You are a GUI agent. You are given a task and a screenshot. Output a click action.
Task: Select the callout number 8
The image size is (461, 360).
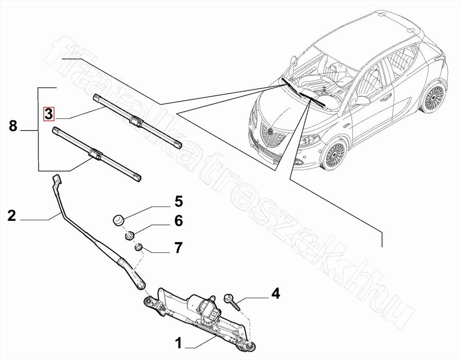[x=13, y=126]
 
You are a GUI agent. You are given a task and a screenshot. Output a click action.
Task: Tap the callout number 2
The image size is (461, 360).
[x=12, y=216]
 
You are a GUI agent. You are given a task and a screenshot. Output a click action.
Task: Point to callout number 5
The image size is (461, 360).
[x=179, y=202]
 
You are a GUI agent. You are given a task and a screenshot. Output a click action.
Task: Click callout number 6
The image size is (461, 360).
[x=179, y=221]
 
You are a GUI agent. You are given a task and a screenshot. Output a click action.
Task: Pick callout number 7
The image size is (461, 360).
[x=179, y=247]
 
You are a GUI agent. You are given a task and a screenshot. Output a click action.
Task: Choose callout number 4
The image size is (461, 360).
[x=275, y=294]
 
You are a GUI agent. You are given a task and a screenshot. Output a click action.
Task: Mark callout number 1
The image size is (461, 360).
[x=178, y=344]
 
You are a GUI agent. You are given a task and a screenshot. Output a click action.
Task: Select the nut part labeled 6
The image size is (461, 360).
[x=130, y=234]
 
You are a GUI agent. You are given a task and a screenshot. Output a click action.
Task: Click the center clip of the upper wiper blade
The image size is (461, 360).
[x=135, y=121]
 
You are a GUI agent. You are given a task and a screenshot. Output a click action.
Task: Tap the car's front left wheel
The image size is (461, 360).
[x=335, y=154]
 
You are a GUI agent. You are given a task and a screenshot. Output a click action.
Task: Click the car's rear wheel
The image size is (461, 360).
[x=432, y=98]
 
